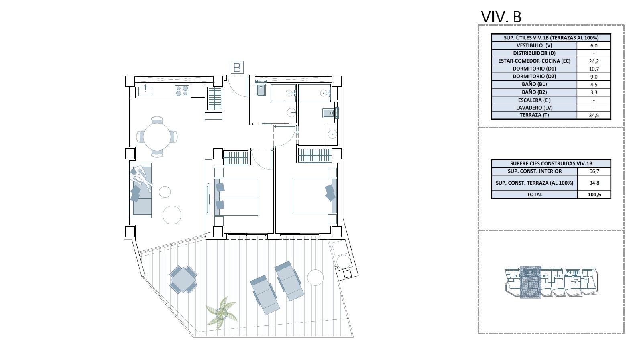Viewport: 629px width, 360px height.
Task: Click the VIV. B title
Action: (x=501, y=17)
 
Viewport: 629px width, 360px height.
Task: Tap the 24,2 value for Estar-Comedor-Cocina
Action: (x=594, y=61)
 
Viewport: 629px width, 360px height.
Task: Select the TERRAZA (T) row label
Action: (x=534, y=115)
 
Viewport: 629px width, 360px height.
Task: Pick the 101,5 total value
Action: (x=594, y=195)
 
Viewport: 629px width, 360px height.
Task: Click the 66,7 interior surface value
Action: (x=594, y=171)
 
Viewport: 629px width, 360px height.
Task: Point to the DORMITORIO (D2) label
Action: (x=534, y=76)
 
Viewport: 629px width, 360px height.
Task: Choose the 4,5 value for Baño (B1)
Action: (x=594, y=85)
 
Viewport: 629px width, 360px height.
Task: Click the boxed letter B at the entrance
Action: (x=237, y=68)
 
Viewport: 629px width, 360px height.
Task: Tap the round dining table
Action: (x=157, y=137)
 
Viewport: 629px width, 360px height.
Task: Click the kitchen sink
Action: (x=145, y=91)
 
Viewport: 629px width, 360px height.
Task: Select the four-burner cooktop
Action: (x=182, y=91)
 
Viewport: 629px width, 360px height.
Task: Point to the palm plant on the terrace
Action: (x=222, y=313)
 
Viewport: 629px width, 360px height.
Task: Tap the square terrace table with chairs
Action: (x=183, y=280)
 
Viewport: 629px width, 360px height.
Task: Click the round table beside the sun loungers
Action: (x=316, y=277)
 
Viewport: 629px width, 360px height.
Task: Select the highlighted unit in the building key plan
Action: (x=530, y=282)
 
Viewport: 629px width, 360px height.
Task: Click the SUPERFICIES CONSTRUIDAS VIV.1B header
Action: (x=551, y=163)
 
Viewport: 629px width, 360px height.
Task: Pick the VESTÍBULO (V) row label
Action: (x=534, y=45)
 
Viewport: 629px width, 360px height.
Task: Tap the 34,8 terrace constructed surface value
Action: (x=594, y=183)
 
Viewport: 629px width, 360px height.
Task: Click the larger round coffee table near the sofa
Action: (x=172, y=215)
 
